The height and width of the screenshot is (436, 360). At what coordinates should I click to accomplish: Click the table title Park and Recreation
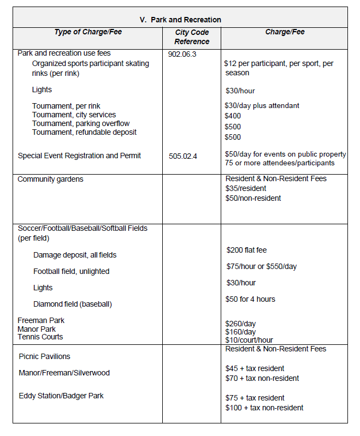click(180, 20)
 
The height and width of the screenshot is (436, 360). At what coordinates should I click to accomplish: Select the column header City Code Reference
click(192, 37)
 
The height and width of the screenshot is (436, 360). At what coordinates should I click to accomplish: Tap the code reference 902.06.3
click(182, 54)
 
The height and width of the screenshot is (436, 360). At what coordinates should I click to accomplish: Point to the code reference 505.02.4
click(183, 156)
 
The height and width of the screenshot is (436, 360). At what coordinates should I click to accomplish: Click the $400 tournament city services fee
click(233, 116)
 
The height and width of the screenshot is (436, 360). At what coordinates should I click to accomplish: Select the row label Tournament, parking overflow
click(81, 123)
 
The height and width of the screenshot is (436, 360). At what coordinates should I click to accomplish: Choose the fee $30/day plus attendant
click(262, 105)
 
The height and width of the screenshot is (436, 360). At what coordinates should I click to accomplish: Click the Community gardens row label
click(50, 179)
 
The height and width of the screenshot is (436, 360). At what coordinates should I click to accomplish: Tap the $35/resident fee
click(246, 188)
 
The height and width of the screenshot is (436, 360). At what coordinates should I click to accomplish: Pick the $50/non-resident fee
click(253, 198)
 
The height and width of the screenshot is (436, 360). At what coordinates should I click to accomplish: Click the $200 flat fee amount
click(246, 250)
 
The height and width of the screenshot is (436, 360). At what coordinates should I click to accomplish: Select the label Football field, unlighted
click(71, 271)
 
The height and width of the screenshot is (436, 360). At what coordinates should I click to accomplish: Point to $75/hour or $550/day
click(262, 266)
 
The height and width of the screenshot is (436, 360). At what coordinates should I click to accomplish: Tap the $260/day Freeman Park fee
click(240, 324)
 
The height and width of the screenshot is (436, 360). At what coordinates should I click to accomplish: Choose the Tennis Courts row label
click(40, 337)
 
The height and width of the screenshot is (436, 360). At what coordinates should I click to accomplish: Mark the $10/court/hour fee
click(249, 340)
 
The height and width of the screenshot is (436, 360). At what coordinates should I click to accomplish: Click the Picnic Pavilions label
click(44, 356)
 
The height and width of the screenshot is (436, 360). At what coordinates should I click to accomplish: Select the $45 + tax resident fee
click(255, 368)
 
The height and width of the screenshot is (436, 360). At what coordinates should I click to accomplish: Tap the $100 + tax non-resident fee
click(264, 408)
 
